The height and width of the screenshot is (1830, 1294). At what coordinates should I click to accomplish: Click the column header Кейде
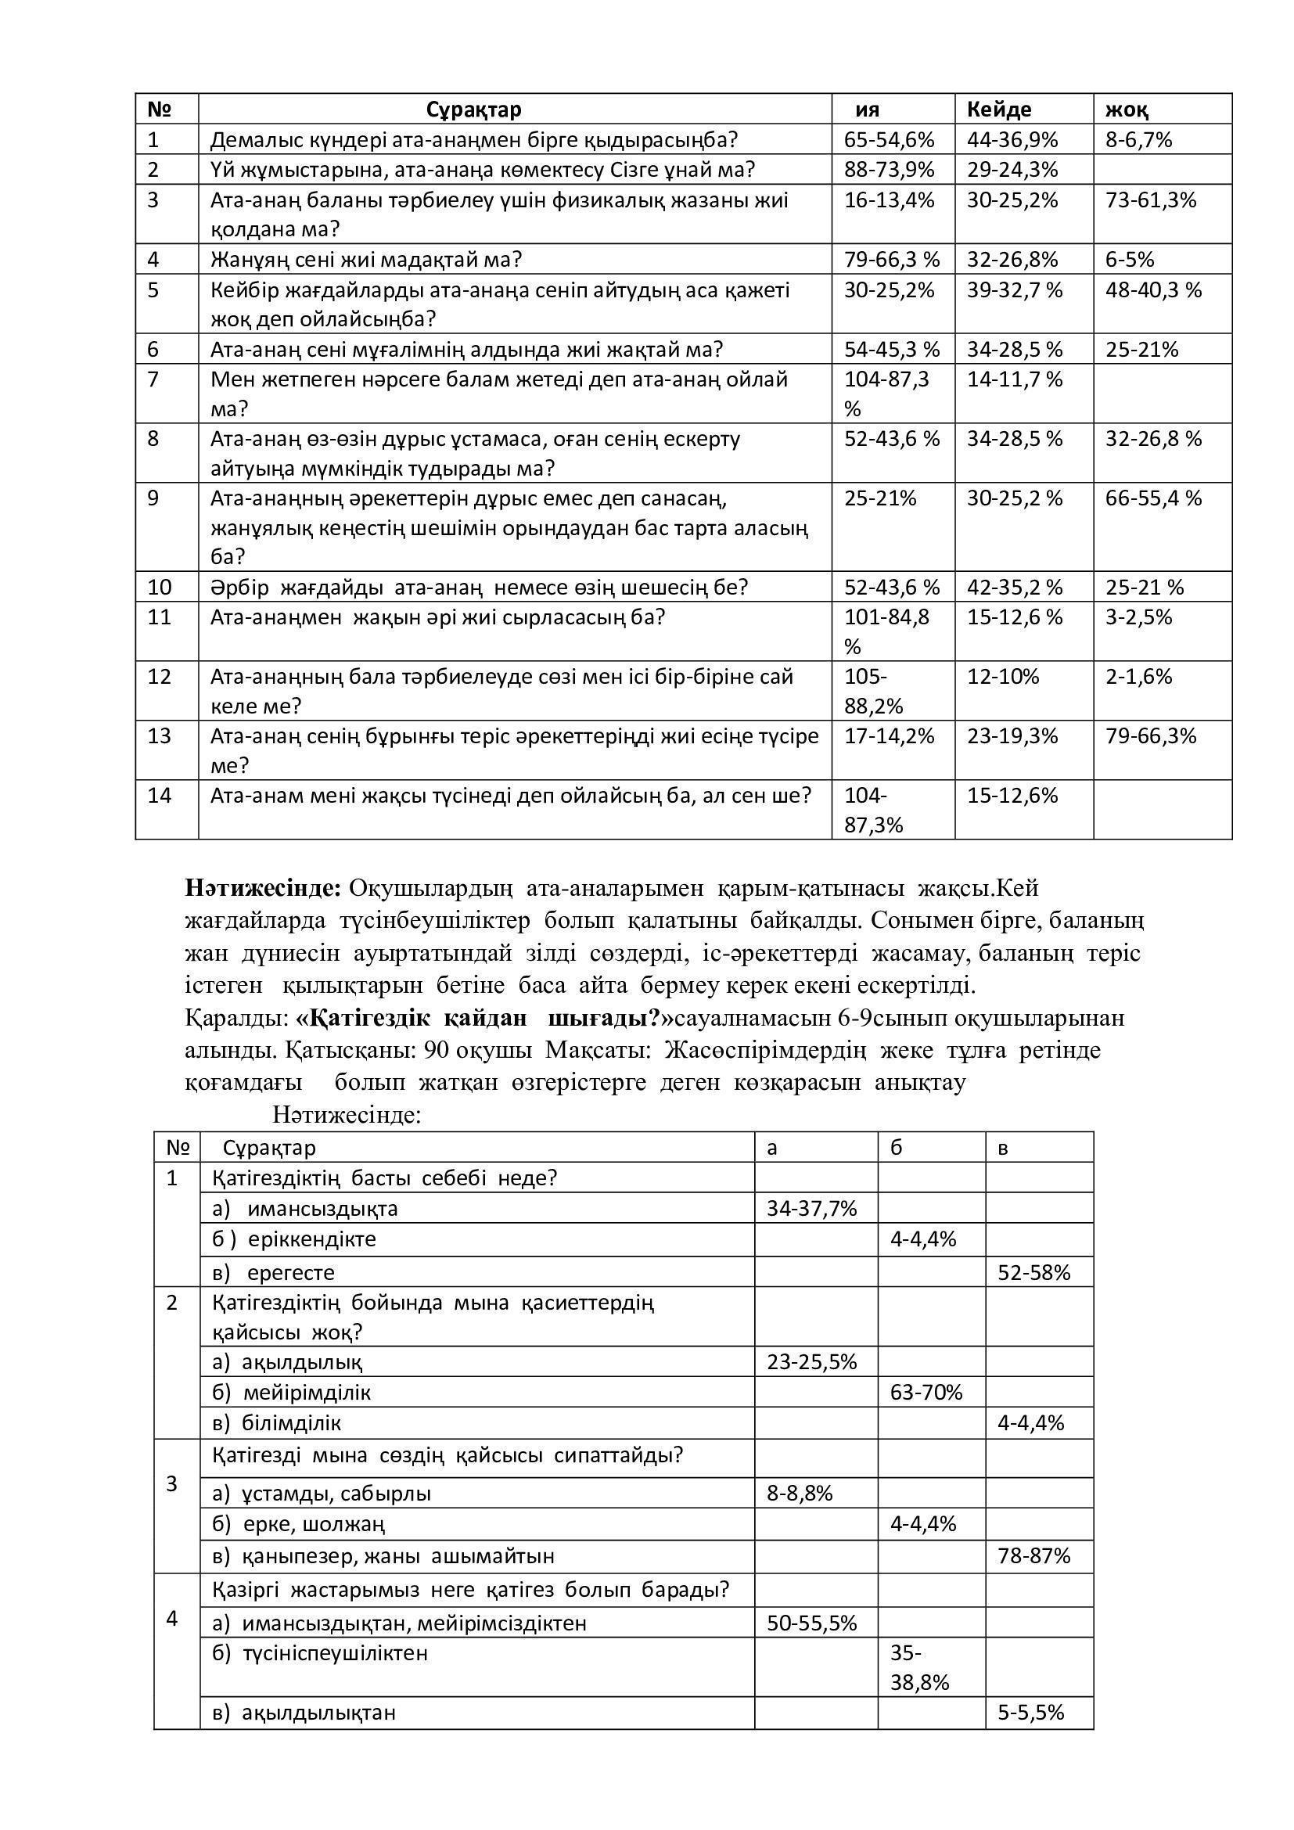pos(998,110)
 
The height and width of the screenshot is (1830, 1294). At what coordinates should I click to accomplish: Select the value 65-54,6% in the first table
pos(889,140)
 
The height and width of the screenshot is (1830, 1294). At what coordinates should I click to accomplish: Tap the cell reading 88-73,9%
pos(889,170)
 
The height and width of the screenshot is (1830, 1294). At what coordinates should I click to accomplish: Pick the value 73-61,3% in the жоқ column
pos(1151,200)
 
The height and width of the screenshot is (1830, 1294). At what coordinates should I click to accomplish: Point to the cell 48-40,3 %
pos(1153,289)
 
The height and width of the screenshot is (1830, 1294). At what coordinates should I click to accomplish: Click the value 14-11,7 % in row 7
pos(1015,379)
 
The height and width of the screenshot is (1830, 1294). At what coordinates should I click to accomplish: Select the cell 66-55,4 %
pos(1153,498)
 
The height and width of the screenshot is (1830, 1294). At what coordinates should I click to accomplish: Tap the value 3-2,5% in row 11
pos(1138,617)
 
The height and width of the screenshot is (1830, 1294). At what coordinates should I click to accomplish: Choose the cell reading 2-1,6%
pos(1138,677)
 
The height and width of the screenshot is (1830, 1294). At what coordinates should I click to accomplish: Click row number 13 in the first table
pos(160,735)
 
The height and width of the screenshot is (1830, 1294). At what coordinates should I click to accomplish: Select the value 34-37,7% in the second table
pos(811,1208)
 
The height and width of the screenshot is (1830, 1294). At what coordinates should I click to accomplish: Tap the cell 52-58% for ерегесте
pos(1033,1272)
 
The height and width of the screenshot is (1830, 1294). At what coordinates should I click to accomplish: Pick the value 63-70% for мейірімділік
pos(926,1392)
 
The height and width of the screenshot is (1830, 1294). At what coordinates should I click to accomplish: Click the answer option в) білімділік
pos(277,1422)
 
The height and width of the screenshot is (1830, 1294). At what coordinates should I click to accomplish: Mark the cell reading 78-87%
pos(1033,1555)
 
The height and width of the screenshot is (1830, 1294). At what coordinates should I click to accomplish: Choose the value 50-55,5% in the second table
pos(811,1623)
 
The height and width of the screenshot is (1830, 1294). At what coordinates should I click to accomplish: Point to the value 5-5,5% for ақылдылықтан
pos(1030,1712)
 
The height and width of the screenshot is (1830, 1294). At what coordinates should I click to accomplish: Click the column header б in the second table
pos(897,1148)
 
